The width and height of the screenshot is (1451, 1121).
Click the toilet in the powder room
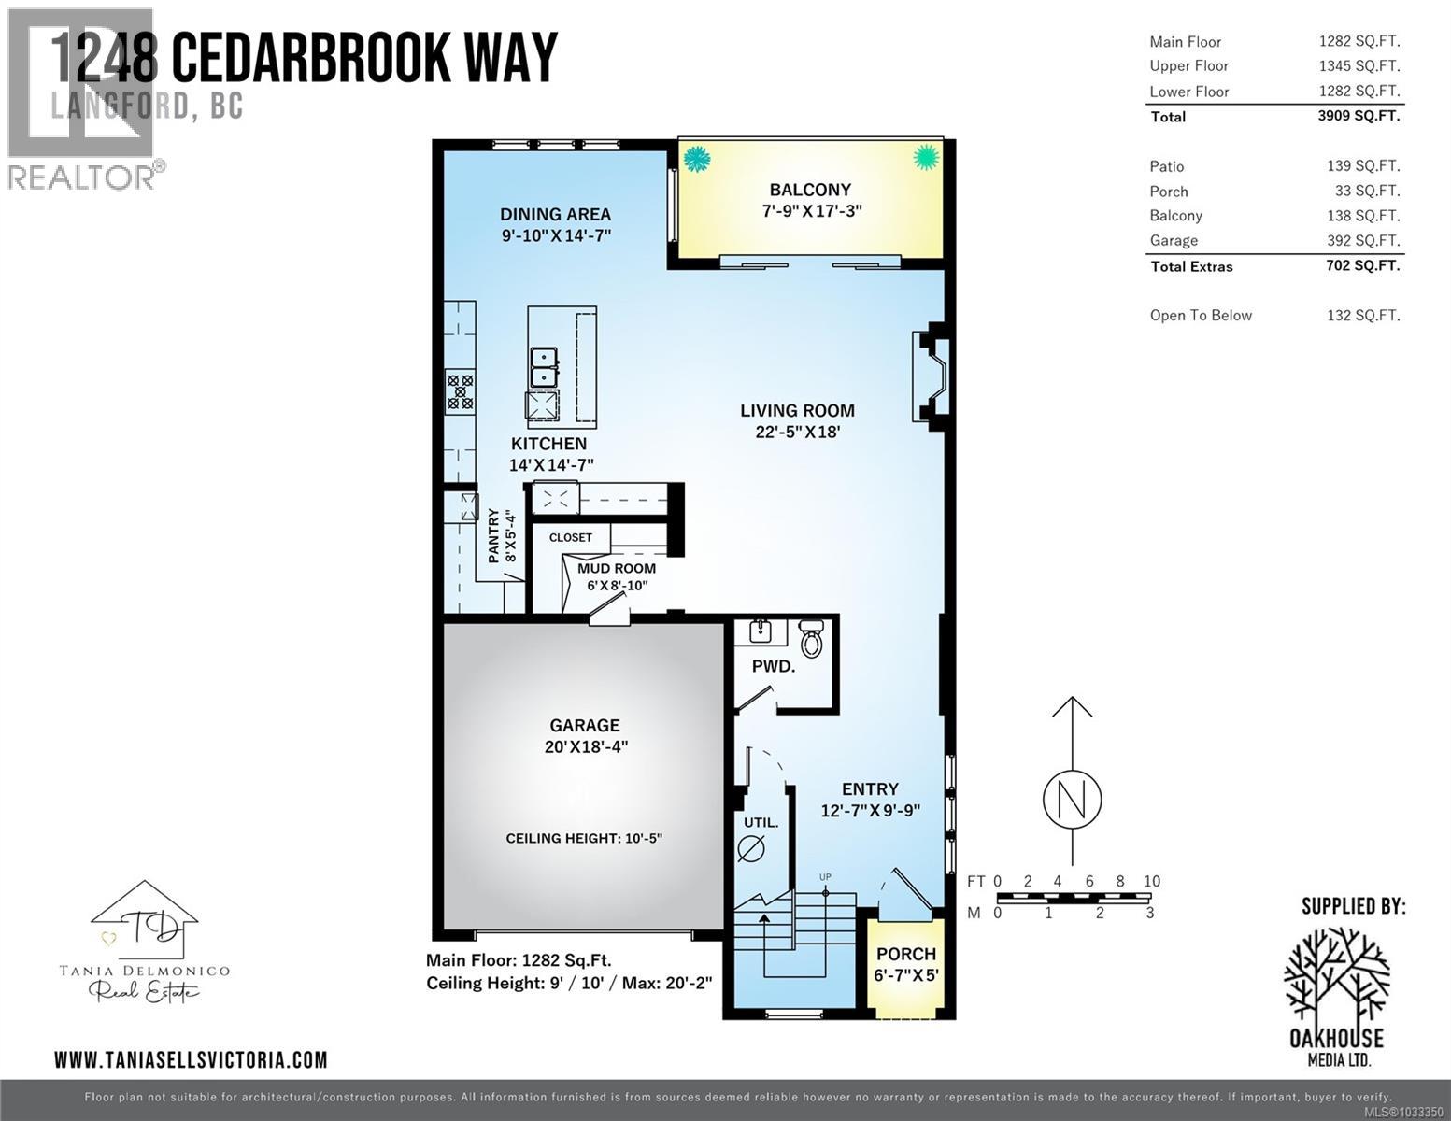click(x=811, y=639)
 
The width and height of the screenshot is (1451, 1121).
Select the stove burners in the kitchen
click(x=460, y=390)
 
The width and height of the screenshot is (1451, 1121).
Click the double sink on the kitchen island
click(x=544, y=366)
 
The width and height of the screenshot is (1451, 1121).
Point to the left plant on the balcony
click(x=696, y=159)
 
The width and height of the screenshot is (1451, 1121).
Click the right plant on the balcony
click(x=925, y=157)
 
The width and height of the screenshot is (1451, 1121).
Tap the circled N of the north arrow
click(x=1072, y=799)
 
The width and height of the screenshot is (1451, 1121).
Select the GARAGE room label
click(x=584, y=725)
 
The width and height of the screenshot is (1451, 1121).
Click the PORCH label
click(x=905, y=954)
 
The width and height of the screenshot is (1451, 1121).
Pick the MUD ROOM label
click(x=617, y=568)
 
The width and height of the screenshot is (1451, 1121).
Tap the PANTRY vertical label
click(x=494, y=535)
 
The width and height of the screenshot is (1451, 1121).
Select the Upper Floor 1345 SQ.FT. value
click(x=1359, y=65)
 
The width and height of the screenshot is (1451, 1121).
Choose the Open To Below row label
click(x=1201, y=316)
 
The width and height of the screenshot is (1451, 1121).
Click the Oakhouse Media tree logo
click(x=1336, y=975)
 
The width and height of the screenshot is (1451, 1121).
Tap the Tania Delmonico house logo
click(x=144, y=920)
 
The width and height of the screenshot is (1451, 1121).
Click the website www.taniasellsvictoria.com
click(x=191, y=1059)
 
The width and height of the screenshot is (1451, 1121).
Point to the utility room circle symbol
click(x=751, y=848)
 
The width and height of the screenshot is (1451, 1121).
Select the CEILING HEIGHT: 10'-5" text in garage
click(x=584, y=838)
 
